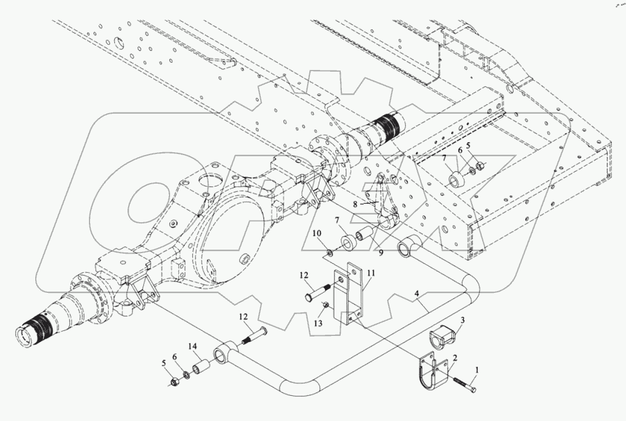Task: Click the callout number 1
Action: (x=477, y=369)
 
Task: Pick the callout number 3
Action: (x=462, y=320)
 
